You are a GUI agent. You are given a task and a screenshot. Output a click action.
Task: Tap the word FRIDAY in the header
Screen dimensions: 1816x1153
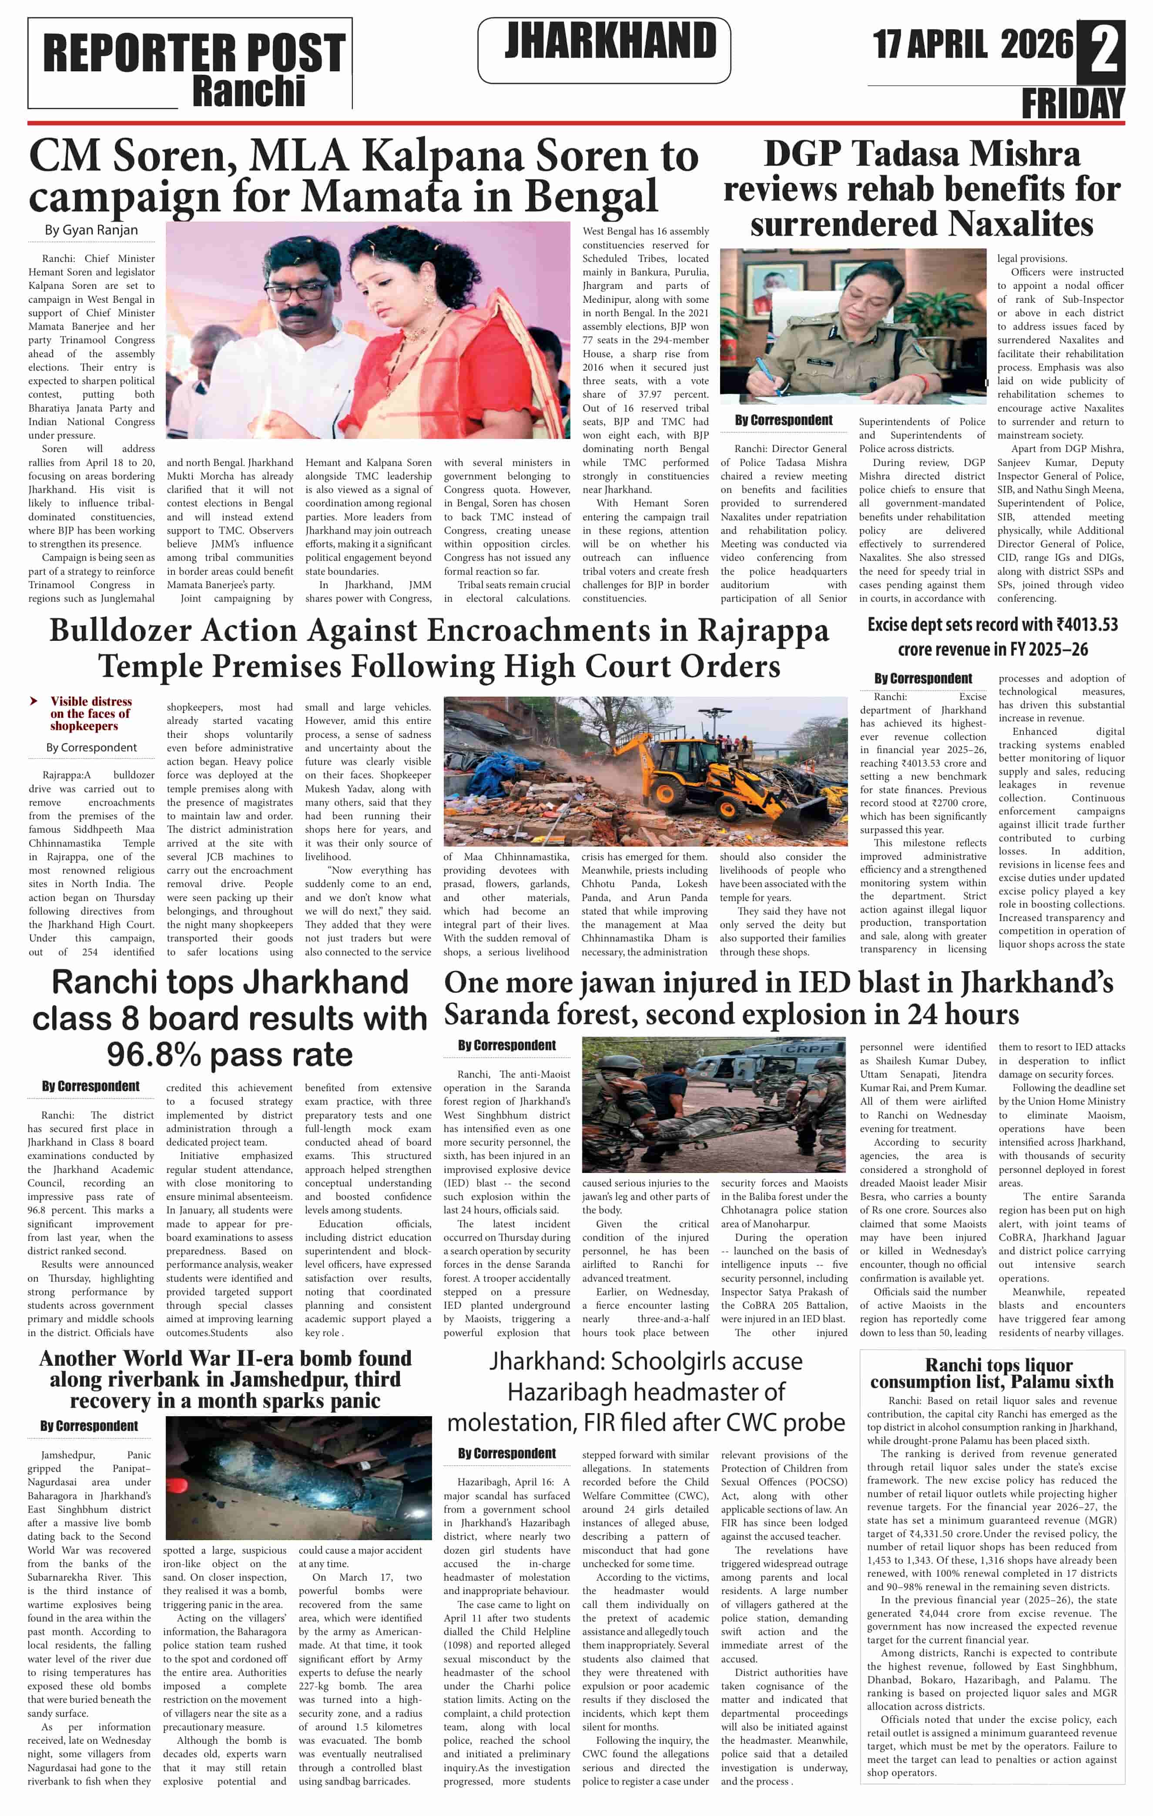coord(1073,103)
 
